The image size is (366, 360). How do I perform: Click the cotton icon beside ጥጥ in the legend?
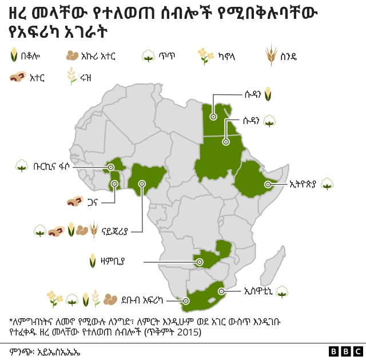click(149, 55)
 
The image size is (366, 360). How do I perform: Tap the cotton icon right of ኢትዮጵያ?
click(327, 184)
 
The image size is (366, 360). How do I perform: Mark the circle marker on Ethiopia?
click(269, 183)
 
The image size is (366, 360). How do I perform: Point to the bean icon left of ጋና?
click(74, 201)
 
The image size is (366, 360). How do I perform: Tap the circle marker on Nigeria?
click(142, 183)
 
